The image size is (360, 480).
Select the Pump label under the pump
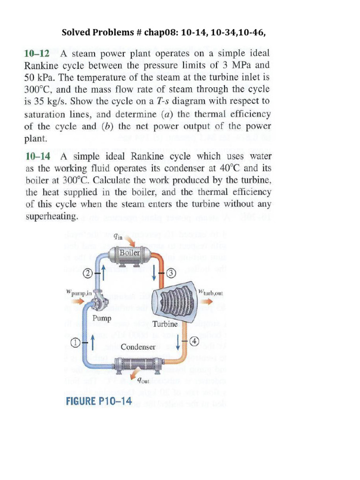102,318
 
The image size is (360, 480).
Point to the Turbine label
165,324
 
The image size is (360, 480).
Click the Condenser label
138,347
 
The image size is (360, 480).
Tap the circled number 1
75,343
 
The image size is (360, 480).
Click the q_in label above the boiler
118,237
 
